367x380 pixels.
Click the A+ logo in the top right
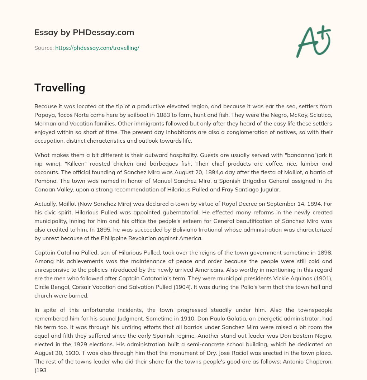tap(313, 41)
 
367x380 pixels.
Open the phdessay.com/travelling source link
tap(97, 48)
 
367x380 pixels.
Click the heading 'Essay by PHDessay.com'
tap(84, 33)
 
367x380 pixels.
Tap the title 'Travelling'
tap(59, 88)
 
